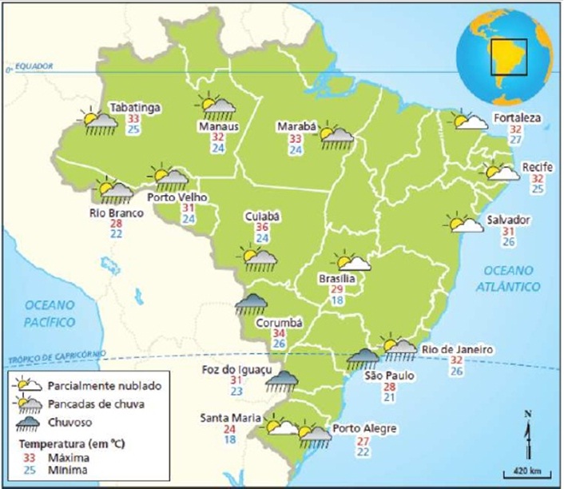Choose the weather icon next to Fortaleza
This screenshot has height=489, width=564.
(x=471, y=121)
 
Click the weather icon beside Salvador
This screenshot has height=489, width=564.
(x=466, y=223)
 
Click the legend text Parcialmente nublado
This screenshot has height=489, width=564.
(x=103, y=385)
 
